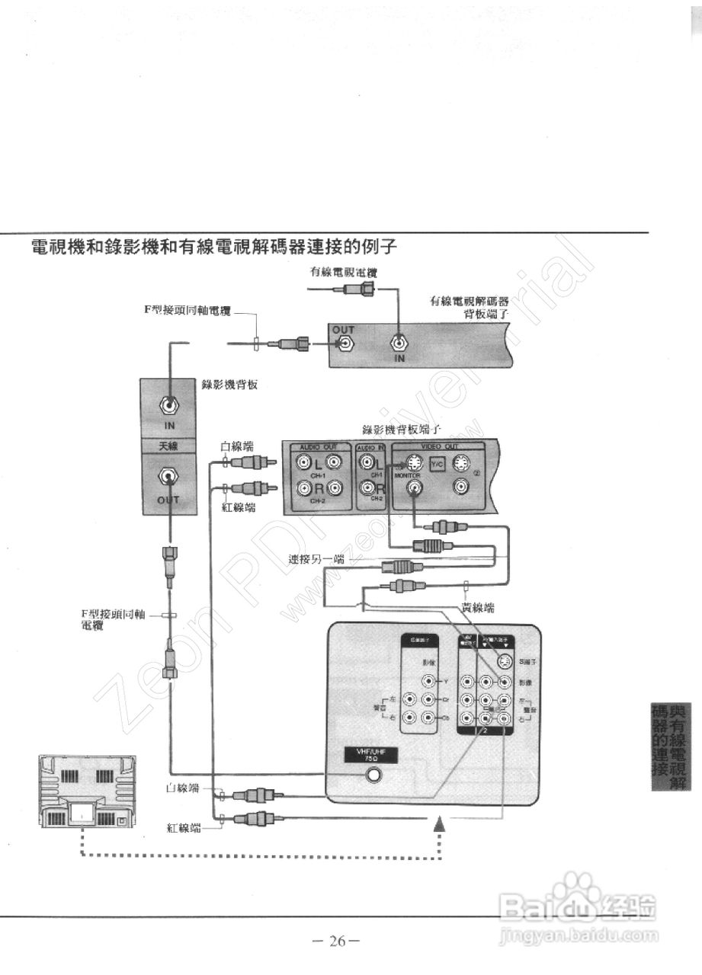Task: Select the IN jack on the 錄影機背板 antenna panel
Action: coord(168,407)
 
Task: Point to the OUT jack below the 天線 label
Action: coord(168,478)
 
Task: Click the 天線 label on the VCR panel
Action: coord(168,446)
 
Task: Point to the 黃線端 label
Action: coord(478,607)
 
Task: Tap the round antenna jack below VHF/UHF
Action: coord(373,777)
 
